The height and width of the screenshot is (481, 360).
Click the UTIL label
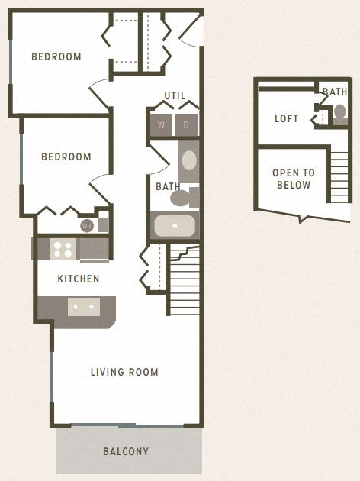[x=175, y=95]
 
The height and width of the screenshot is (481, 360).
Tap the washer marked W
[x=161, y=124]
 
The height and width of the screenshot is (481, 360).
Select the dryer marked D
[x=186, y=124]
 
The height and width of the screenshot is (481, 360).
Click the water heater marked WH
[x=87, y=225]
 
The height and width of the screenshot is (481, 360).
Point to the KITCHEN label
[x=79, y=279]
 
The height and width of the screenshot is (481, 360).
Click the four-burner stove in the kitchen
[x=62, y=249]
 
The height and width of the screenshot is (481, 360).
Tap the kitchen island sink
[x=83, y=307]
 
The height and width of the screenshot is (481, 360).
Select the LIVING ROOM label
[x=124, y=372]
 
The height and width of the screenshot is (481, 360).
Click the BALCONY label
[x=126, y=451]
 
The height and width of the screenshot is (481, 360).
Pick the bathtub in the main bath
[x=175, y=226]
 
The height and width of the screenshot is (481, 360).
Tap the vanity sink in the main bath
[x=188, y=160]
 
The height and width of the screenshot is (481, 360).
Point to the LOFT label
[x=287, y=118]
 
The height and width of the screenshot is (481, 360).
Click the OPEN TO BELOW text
[x=294, y=179]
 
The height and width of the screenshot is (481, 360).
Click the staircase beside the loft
[x=340, y=176]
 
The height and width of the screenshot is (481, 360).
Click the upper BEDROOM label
[x=56, y=56]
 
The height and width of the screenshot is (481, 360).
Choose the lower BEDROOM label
[x=66, y=157]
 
